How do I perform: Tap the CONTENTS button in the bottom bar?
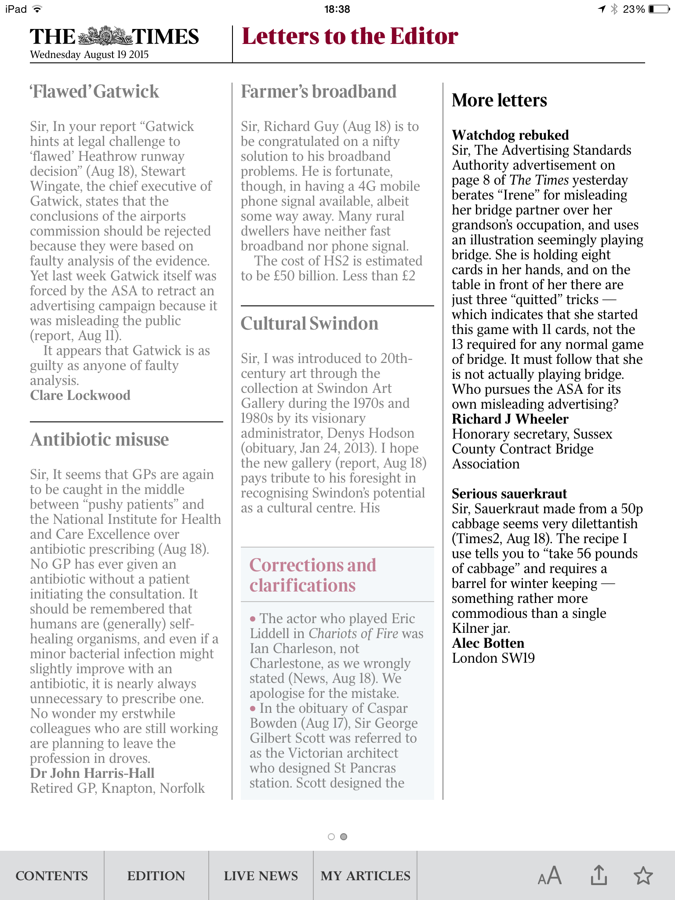tap(52, 876)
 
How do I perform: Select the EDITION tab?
tap(156, 876)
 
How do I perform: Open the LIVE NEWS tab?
tap(261, 876)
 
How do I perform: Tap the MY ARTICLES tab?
tap(365, 876)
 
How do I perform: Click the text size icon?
tap(549, 875)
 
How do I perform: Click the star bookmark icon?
tap(643, 875)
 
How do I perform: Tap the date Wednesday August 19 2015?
tap(89, 55)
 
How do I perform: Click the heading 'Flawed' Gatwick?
tap(94, 91)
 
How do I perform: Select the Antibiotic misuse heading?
tap(99, 439)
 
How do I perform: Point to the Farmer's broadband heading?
tap(319, 91)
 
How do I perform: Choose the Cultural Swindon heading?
tap(309, 323)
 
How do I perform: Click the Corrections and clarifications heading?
tap(313, 575)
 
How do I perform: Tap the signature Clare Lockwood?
tap(80, 395)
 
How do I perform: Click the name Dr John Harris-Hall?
tap(92, 773)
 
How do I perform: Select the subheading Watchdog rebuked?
tap(510, 135)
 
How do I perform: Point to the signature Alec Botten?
tap(488, 643)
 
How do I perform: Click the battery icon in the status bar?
tap(659, 9)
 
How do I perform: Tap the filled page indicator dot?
tap(344, 837)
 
